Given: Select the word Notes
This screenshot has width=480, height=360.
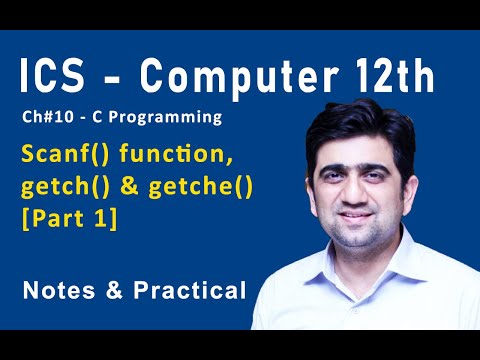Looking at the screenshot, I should (x=56, y=291).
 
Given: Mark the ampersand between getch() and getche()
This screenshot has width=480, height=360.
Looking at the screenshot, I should (x=131, y=188).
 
